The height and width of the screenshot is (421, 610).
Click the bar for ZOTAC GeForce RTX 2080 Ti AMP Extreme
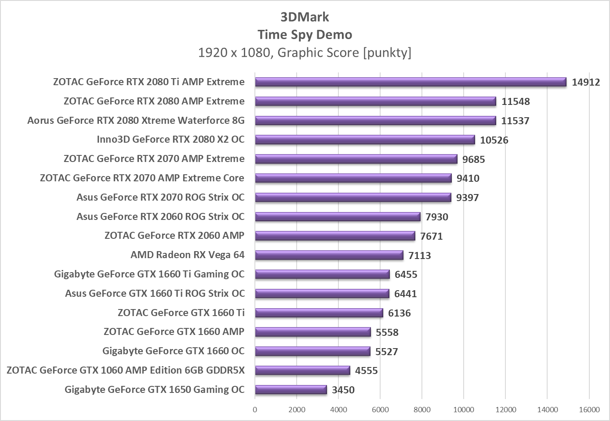tap(410, 82)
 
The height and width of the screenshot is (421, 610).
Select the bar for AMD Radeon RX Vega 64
tap(329, 255)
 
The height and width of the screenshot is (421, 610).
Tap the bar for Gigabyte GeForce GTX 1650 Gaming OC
tap(290, 390)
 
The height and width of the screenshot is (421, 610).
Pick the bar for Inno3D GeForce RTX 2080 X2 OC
tap(365, 140)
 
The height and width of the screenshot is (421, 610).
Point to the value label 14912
tap(585, 83)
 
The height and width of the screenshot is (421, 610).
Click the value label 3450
tap(343, 390)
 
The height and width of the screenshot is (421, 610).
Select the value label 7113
tap(419, 255)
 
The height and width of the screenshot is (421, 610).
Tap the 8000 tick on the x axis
tap(422, 410)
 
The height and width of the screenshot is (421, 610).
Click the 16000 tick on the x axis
tap(589, 410)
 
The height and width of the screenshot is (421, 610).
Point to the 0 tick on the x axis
tap(255, 410)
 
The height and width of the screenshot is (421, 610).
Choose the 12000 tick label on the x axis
tap(505, 410)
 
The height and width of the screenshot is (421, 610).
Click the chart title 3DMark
tap(305, 17)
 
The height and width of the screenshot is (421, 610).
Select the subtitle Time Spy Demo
tap(305, 35)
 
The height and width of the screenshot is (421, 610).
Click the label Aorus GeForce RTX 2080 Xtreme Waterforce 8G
tap(136, 120)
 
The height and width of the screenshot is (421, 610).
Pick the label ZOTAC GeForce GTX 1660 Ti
tap(181, 313)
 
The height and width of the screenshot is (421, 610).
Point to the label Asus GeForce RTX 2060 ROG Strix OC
tap(160, 216)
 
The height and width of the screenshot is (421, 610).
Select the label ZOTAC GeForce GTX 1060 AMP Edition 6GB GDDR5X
tap(126, 370)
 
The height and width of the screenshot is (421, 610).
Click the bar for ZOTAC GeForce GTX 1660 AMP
tap(312, 332)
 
